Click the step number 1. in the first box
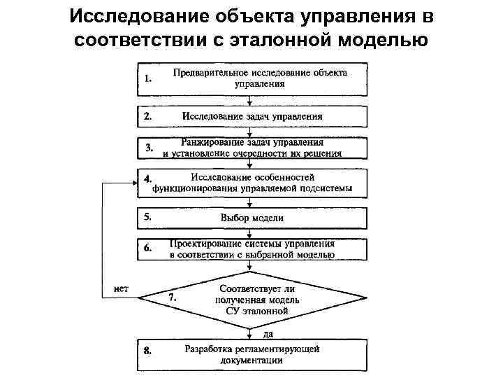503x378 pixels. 147,80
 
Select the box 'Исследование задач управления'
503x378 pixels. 251,116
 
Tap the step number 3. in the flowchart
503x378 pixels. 149,148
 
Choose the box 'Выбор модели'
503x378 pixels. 251,218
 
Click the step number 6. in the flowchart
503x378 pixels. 148,248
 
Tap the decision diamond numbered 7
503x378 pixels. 251,297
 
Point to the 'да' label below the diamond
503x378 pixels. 258,334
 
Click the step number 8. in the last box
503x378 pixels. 148,351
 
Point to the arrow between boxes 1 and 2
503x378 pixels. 251,100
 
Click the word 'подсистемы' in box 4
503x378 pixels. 328,188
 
